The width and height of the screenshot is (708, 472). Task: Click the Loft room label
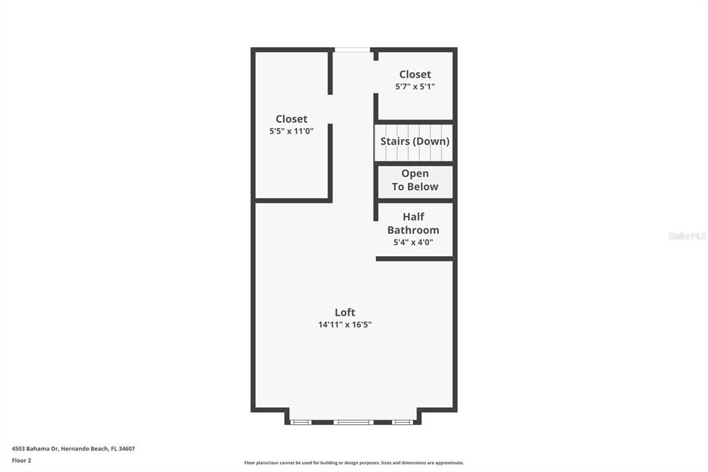click(x=345, y=312)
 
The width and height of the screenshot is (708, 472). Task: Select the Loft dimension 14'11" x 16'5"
click(x=345, y=324)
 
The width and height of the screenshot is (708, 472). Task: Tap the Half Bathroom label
click(x=413, y=224)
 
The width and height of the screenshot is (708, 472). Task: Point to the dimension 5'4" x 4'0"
click(x=413, y=242)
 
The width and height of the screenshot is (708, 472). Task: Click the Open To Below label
click(x=415, y=180)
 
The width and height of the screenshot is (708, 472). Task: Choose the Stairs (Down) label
click(x=415, y=141)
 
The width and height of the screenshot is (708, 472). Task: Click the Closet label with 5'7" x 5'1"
click(x=415, y=74)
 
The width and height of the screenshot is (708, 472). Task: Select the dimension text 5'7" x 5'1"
click(x=415, y=87)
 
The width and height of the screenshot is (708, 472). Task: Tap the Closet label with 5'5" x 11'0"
click(x=292, y=119)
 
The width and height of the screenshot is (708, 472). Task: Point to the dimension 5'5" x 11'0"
click(x=292, y=131)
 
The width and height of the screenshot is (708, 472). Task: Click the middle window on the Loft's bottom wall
click(x=353, y=422)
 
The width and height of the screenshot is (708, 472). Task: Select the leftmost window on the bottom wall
click(x=300, y=422)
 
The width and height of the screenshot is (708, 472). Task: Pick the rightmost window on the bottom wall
click(x=402, y=422)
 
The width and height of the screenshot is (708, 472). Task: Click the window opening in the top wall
click(x=352, y=50)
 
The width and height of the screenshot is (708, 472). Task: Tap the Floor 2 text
click(x=21, y=461)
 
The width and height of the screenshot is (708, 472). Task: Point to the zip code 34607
click(x=127, y=449)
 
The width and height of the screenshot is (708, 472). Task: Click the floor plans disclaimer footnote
click(x=354, y=463)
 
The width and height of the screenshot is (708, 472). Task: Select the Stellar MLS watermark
click(x=687, y=236)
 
